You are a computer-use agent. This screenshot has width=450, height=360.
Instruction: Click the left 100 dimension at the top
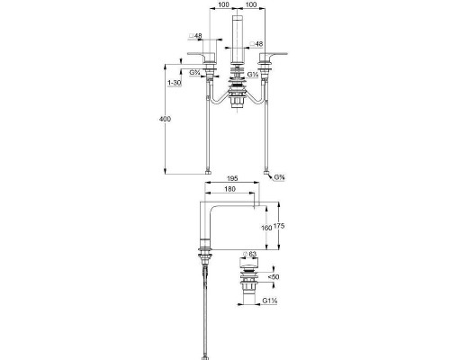click(x=223, y=4)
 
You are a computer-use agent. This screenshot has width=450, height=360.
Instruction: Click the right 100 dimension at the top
click(x=251, y=4)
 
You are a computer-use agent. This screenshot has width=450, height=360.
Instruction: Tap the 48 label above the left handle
click(x=198, y=36)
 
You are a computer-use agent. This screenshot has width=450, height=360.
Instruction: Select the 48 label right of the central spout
click(x=259, y=44)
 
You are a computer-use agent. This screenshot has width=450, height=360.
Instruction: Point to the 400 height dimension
click(x=165, y=119)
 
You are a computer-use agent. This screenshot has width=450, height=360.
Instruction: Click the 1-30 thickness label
click(x=175, y=83)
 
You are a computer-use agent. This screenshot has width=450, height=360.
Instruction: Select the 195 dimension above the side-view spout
click(x=232, y=178)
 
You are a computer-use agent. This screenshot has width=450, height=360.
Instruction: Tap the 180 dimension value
click(x=229, y=189)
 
